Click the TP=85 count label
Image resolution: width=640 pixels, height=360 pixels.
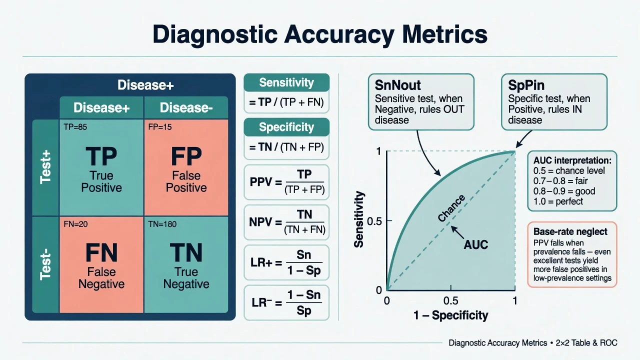(x=75, y=127)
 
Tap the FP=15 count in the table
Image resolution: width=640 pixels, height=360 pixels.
(x=160, y=127)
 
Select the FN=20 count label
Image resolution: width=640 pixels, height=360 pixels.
(x=75, y=224)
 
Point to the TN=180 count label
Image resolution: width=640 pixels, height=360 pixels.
(x=162, y=224)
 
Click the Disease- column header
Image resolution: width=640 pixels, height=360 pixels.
(x=186, y=107)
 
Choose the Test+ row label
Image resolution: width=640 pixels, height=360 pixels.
(x=45, y=167)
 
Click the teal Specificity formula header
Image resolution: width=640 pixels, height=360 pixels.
(x=286, y=127)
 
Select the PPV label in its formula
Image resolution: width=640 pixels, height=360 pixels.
(x=261, y=181)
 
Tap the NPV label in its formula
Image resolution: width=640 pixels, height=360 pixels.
(x=261, y=222)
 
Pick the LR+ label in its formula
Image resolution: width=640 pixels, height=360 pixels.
(x=261, y=262)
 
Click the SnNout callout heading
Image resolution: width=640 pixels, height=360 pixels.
(x=397, y=85)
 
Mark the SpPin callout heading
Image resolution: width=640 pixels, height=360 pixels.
(x=526, y=85)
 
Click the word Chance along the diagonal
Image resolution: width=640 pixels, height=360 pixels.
(x=451, y=208)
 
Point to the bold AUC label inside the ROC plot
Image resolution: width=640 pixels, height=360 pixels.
(x=475, y=244)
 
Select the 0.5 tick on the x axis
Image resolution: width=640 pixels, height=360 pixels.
(x=451, y=300)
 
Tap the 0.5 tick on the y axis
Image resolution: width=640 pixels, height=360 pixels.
(x=374, y=221)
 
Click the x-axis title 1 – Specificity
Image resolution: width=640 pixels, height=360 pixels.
(x=451, y=315)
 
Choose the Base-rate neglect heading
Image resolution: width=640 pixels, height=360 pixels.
(x=570, y=231)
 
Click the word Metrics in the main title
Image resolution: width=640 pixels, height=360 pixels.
(x=444, y=34)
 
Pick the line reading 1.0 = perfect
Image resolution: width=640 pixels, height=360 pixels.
(x=558, y=201)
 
